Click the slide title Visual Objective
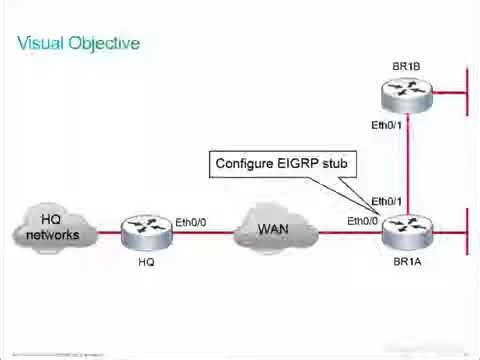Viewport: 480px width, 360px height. (x=79, y=43)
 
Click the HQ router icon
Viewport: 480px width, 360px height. (x=146, y=233)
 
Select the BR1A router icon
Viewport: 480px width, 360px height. (x=407, y=233)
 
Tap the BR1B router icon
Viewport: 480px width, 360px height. (x=407, y=94)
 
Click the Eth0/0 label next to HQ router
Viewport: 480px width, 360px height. (x=191, y=221)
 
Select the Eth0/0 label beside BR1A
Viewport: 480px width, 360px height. (x=363, y=221)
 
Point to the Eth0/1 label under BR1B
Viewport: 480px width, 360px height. (x=387, y=125)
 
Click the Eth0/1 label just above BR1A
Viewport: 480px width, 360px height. (x=387, y=201)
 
